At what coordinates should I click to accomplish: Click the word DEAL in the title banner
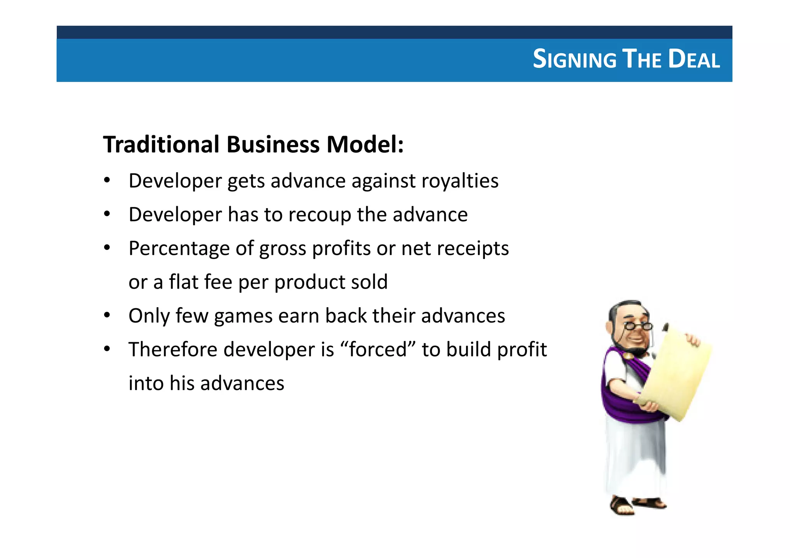click(x=694, y=59)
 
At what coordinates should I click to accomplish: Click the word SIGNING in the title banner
click(x=575, y=59)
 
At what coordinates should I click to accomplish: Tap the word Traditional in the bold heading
click(x=161, y=145)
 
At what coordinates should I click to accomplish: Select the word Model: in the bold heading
click(x=365, y=145)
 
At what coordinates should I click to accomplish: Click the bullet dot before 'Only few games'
click(x=107, y=316)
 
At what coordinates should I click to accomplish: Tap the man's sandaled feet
click(x=636, y=504)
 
